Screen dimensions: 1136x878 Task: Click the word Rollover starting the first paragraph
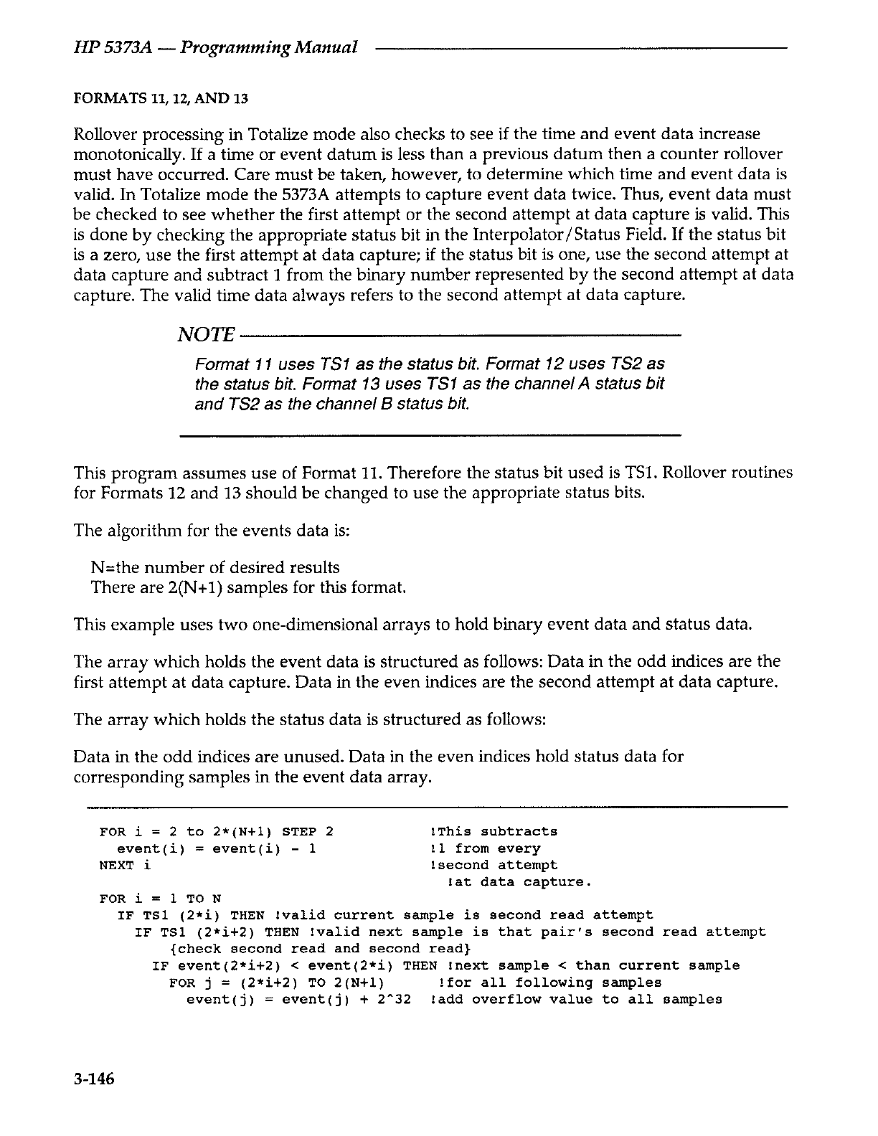tap(105, 135)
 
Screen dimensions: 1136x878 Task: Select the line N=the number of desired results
tap(215, 568)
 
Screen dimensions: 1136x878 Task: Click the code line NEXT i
tap(125, 865)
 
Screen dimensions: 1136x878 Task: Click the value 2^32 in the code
tap(396, 1000)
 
